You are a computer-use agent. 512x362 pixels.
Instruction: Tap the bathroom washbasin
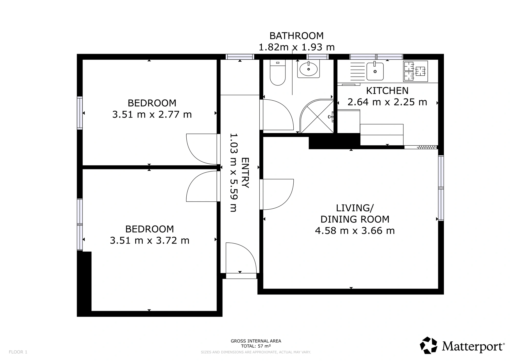(308, 69)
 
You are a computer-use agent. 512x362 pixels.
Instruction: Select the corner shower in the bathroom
(317, 116)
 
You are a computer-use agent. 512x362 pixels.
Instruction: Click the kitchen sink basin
(375, 71)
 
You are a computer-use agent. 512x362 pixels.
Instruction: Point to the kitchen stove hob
(415, 71)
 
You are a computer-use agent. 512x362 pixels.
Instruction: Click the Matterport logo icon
(429, 345)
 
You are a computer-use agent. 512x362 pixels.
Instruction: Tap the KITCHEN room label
(387, 91)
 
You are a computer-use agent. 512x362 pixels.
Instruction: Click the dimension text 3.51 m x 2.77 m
(152, 114)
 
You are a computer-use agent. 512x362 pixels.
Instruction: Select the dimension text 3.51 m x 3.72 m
(150, 241)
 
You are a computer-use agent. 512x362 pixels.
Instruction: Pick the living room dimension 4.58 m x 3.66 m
(355, 231)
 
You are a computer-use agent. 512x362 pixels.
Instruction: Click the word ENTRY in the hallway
(245, 173)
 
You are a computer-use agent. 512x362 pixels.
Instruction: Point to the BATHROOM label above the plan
(297, 36)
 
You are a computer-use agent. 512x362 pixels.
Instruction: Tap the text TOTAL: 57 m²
(256, 346)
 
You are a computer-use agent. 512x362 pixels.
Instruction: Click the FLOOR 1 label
(18, 352)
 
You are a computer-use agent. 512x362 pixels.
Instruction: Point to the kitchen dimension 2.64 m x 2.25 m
(387, 102)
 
